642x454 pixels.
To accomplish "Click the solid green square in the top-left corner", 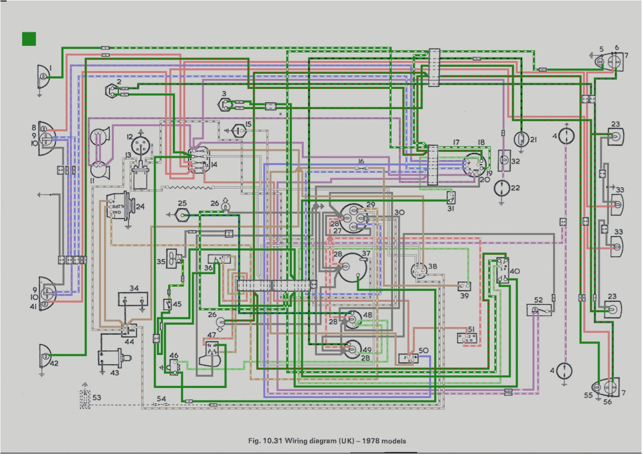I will coord(29,39).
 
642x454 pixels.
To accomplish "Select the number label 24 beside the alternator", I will coord(140,207).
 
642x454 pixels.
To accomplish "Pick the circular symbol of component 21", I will coord(521,138).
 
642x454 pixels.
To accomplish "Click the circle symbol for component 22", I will coord(503,188).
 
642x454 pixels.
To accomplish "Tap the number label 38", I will coord(432,267).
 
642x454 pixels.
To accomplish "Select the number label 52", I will coord(538,300).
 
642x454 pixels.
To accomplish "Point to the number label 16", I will coord(361,161).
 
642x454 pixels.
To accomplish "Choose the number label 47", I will coord(211,335).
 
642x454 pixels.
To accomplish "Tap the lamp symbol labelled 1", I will coord(43,79).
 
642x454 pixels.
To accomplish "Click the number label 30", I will coord(399,212).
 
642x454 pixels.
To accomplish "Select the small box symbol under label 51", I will coord(468,338).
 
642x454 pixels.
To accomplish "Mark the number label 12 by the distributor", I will coord(129,136).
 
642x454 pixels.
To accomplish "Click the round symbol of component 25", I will coord(183,215).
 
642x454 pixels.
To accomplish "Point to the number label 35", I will coord(161,262).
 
